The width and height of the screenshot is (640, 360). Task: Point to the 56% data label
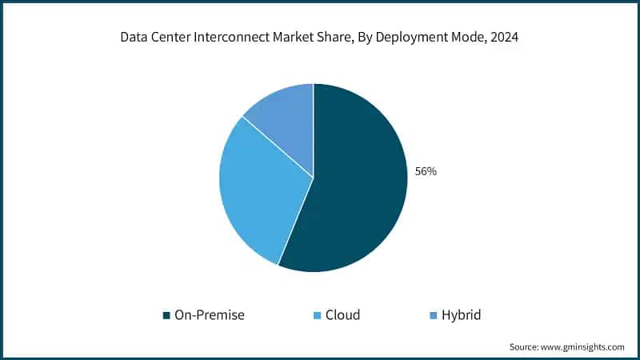tap(425, 171)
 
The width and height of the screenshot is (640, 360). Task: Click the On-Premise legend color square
tap(166, 315)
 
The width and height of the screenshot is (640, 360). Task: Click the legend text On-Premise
tap(209, 314)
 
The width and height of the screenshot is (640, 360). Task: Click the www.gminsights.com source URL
tap(584, 346)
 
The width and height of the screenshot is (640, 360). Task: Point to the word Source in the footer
tap(525, 346)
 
